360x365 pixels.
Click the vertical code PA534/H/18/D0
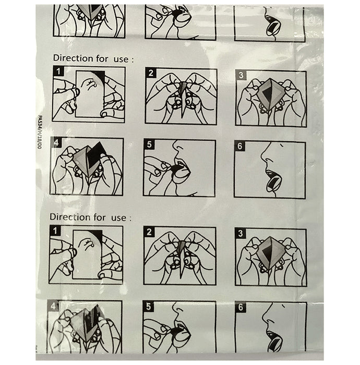(40, 132)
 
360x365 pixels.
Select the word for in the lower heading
(100, 217)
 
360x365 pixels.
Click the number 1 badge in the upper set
(58, 71)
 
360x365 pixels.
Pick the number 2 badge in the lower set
(149, 232)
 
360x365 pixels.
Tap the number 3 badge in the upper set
(241, 75)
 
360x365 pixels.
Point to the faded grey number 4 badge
(53, 306)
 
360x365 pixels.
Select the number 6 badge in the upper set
(240, 146)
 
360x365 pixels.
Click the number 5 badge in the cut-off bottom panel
(149, 307)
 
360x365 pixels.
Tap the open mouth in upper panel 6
(274, 180)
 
